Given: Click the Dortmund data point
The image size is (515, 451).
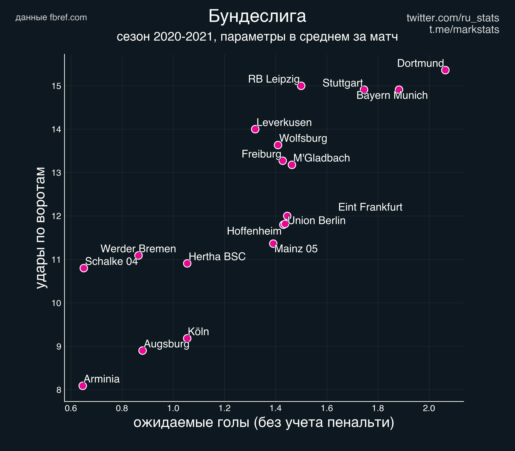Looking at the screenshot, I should coord(445,70).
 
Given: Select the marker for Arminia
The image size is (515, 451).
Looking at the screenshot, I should coord(82,386).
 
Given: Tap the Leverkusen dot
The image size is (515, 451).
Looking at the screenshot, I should coord(255,129).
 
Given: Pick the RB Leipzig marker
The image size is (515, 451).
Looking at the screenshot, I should coord(301,86).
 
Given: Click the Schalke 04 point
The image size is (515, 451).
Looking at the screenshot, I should coord(84,268).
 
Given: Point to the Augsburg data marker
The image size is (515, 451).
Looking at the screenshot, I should coord(142,350).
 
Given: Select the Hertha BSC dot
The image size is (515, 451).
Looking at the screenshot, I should coord(187,263).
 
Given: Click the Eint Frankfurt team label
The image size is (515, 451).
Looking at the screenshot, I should coord(370,207).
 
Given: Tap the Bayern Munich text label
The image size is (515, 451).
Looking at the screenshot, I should coord(392,95).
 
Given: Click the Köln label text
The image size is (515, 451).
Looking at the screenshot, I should coord(198,332).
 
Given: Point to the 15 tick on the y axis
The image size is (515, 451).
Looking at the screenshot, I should coord(57,86).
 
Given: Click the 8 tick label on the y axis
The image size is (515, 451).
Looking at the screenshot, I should coord(59,390).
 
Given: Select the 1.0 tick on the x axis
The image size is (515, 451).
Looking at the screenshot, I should coord(173,408).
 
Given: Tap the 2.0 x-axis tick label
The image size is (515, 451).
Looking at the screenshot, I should coord(429,408).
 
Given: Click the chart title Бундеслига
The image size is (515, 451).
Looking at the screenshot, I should coord(257,17).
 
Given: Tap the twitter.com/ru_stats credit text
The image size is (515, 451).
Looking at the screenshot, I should coord(453,18).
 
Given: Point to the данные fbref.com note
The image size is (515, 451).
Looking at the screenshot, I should coord(51,17).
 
